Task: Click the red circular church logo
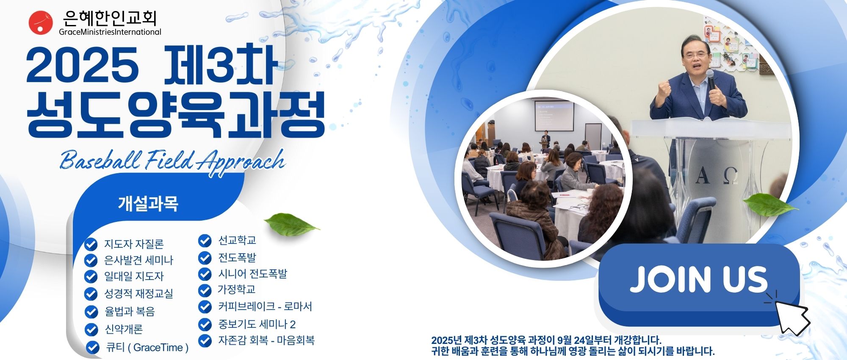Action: coord(41,22)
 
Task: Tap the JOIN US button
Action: coord(699,284)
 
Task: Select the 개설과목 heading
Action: coord(148,204)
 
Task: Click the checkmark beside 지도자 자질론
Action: coord(91,244)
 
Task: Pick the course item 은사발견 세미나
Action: coord(138,260)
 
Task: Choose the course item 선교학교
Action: coord(237,241)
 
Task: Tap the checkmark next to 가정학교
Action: coord(205,290)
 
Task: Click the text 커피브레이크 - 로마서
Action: coord(265,306)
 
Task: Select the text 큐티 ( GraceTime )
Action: coord(147,348)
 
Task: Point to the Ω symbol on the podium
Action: coord(731,175)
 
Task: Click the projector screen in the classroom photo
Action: coord(554,116)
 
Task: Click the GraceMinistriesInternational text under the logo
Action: coord(110,32)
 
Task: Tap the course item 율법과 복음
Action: coord(130,312)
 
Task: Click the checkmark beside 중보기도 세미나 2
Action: coord(205,324)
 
